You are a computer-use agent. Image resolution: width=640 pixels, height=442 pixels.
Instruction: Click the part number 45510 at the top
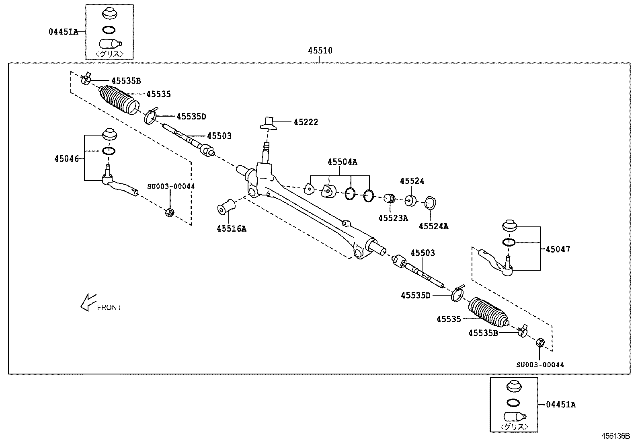[x=320, y=51]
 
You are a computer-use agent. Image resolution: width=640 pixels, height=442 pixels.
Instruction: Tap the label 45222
[x=306, y=122]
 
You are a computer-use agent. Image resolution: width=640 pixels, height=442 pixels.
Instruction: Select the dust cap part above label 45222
[x=268, y=123]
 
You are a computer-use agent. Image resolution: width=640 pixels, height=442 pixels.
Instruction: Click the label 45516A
[x=232, y=229]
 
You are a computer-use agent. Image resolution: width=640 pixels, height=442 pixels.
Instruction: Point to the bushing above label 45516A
[x=226, y=207]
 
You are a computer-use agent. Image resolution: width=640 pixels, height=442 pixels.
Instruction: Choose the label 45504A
[x=342, y=162]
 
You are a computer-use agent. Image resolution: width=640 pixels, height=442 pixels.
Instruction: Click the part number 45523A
[x=393, y=218]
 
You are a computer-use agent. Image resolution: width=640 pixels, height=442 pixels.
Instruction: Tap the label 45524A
[x=433, y=226]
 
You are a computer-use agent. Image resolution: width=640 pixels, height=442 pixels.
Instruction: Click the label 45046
[x=67, y=159]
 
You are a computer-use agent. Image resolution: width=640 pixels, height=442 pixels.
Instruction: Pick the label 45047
[x=558, y=249]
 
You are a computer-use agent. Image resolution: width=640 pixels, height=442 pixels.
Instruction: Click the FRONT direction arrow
[x=88, y=302]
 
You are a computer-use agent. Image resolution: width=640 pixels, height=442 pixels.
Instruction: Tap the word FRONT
[x=109, y=308]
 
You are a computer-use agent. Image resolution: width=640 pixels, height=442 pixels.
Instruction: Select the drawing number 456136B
[x=615, y=436]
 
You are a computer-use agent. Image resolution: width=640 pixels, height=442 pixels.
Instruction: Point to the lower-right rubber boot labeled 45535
[x=488, y=312]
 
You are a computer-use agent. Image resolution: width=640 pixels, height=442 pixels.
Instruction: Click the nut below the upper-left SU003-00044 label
[x=170, y=212]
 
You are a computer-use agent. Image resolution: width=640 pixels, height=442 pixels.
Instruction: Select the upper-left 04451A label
[x=63, y=32]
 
